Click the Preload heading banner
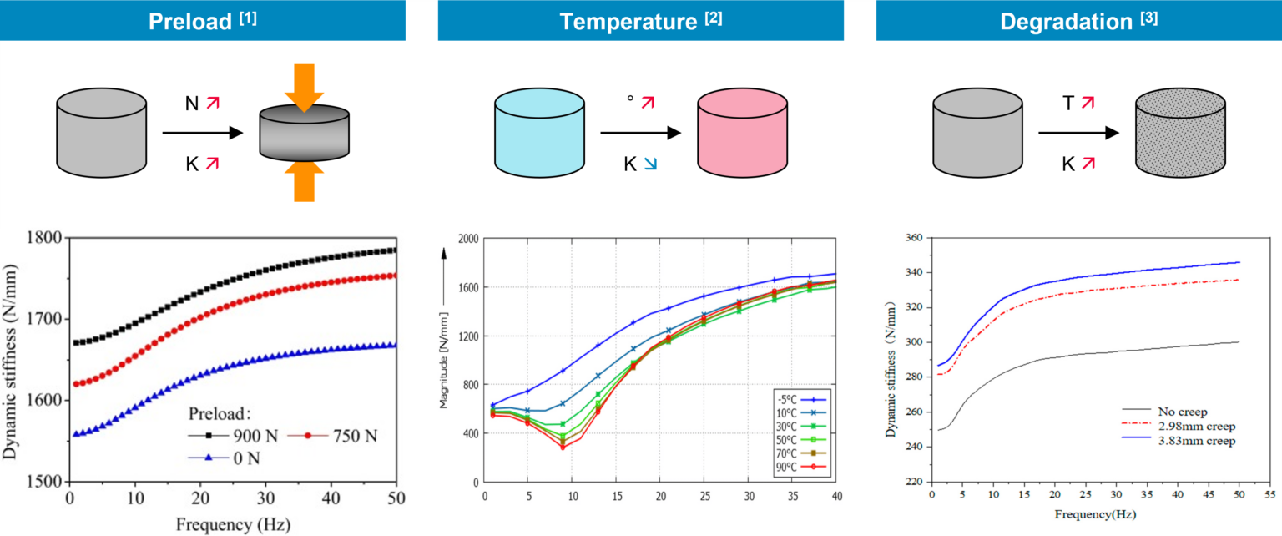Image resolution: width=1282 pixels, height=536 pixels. click(x=203, y=21)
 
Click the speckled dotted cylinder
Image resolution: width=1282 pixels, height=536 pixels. click(x=1180, y=133)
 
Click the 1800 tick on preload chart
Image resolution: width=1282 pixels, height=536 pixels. click(x=45, y=238)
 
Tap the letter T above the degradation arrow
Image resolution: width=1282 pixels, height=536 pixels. click(x=1068, y=102)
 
